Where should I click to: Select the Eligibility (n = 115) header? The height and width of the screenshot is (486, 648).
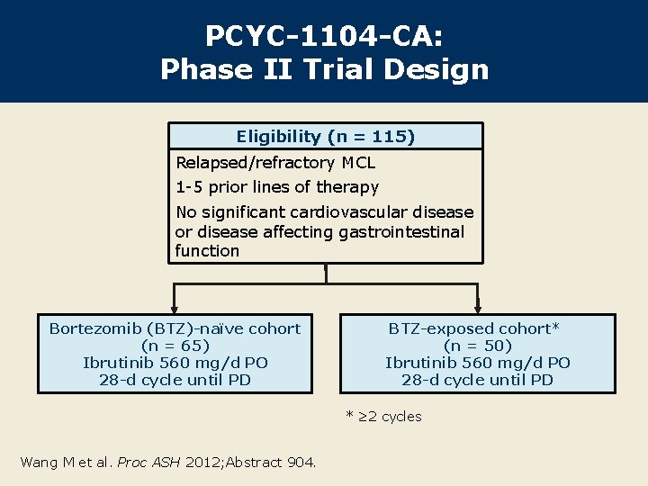[x=325, y=137]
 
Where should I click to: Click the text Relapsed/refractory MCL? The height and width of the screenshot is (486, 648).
[x=275, y=163]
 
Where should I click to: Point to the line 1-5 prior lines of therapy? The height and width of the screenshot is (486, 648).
[x=277, y=187]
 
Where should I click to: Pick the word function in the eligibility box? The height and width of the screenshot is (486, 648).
[x=207, y=251]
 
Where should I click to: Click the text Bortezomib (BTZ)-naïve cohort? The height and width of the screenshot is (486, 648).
[x=175, y=328]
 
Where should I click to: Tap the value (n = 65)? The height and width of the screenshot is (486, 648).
[x=175, y=346]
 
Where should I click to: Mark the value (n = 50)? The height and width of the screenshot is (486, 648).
[x=477, y=346]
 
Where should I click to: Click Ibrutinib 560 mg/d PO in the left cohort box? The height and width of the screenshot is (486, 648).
[x=175, y=363]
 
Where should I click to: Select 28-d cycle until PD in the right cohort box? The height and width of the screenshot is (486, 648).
[x=477, y=380]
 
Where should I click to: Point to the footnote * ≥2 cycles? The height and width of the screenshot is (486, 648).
[x=383, y=416]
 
